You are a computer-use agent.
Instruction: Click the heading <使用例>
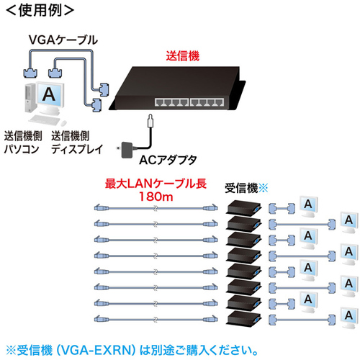tap(40, 10)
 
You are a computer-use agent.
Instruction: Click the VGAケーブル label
tap(63, 40)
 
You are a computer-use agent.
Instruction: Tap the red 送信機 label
tap(183, 56)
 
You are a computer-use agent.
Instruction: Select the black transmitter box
tap(177, 88)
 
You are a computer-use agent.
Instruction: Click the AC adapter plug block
tap(127, 150)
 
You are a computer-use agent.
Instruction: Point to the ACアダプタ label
tap(168, 160)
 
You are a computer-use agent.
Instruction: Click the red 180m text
tap(156, 197)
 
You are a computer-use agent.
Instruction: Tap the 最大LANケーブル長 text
tap(156, 184)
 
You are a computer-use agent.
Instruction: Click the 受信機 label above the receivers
tap(241, 188)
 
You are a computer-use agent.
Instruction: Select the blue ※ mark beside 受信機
tap(264, 188)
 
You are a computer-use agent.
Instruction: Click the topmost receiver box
tap(243, 207)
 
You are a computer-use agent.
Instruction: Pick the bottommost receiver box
tap(243, 318)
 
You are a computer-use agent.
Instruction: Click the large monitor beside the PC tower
tap(50, 98)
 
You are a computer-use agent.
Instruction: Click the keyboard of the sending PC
tap(45, 120)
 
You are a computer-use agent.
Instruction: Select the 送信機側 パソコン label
tap(23, 143)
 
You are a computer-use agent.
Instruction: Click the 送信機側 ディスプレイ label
tap(77, 143)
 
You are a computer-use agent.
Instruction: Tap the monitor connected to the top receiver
tap(309, 206)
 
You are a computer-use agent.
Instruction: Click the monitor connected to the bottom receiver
tap(349, 318)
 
